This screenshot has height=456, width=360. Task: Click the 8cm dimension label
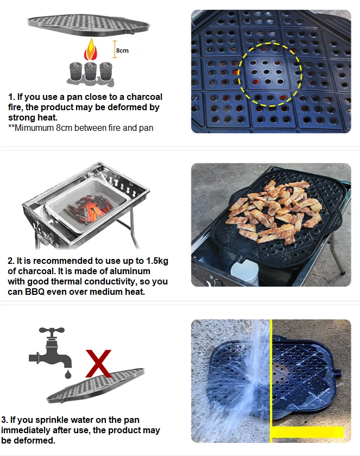(122, 50)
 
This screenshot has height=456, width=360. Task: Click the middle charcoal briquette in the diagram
(90, 72)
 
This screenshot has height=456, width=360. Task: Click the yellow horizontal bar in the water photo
(307, 432)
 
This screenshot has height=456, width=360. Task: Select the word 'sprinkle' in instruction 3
(63, 420)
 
